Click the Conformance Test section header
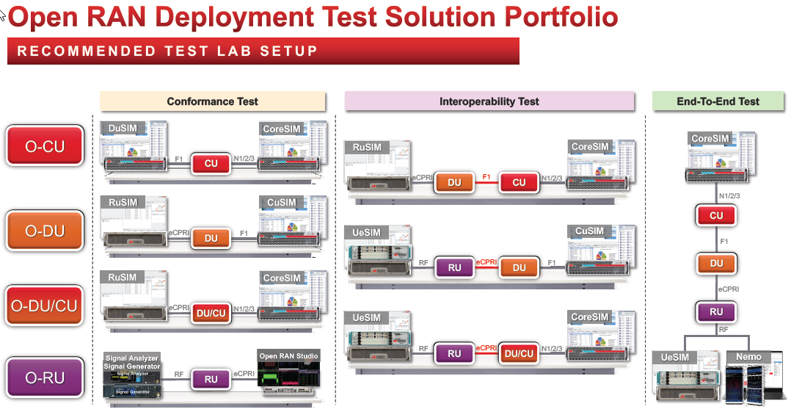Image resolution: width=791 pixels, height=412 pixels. pyautogui.click(x=212, y=101)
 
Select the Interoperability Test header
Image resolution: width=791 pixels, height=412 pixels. pyautogui.click(x=489, y=101)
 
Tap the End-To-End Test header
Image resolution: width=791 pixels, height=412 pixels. pyautogui.click(x=718, y=101)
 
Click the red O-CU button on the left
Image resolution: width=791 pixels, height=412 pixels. pyautogui.click(x=45, y=145)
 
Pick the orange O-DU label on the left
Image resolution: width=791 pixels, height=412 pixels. pyautogui.click(x=45, y=231)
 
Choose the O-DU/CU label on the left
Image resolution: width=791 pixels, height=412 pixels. pyautogui.click(x=45, y=304)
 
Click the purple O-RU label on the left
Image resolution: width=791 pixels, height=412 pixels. pyautogui.click(x=45, y=377)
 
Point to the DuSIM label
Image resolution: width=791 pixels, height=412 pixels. pyautogui.click(x=123, y=128)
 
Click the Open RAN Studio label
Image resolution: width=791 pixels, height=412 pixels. pyautogui.click(x=288, y=356)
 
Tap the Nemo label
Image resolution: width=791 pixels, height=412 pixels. pyautogui.click(x=749, y=357)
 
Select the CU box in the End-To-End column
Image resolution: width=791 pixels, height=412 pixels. pyautogui.click(x=716, y=215)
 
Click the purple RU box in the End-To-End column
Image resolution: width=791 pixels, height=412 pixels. pyautogui.click(x=716, y=311)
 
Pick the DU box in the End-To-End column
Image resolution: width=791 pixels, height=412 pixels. pyautogui.click(x=716, y=263)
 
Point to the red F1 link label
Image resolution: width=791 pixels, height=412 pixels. pyautogui.click(x=486, y=178)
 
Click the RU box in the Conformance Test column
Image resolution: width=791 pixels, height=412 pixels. pyautogui.click(x=211, y=379)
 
